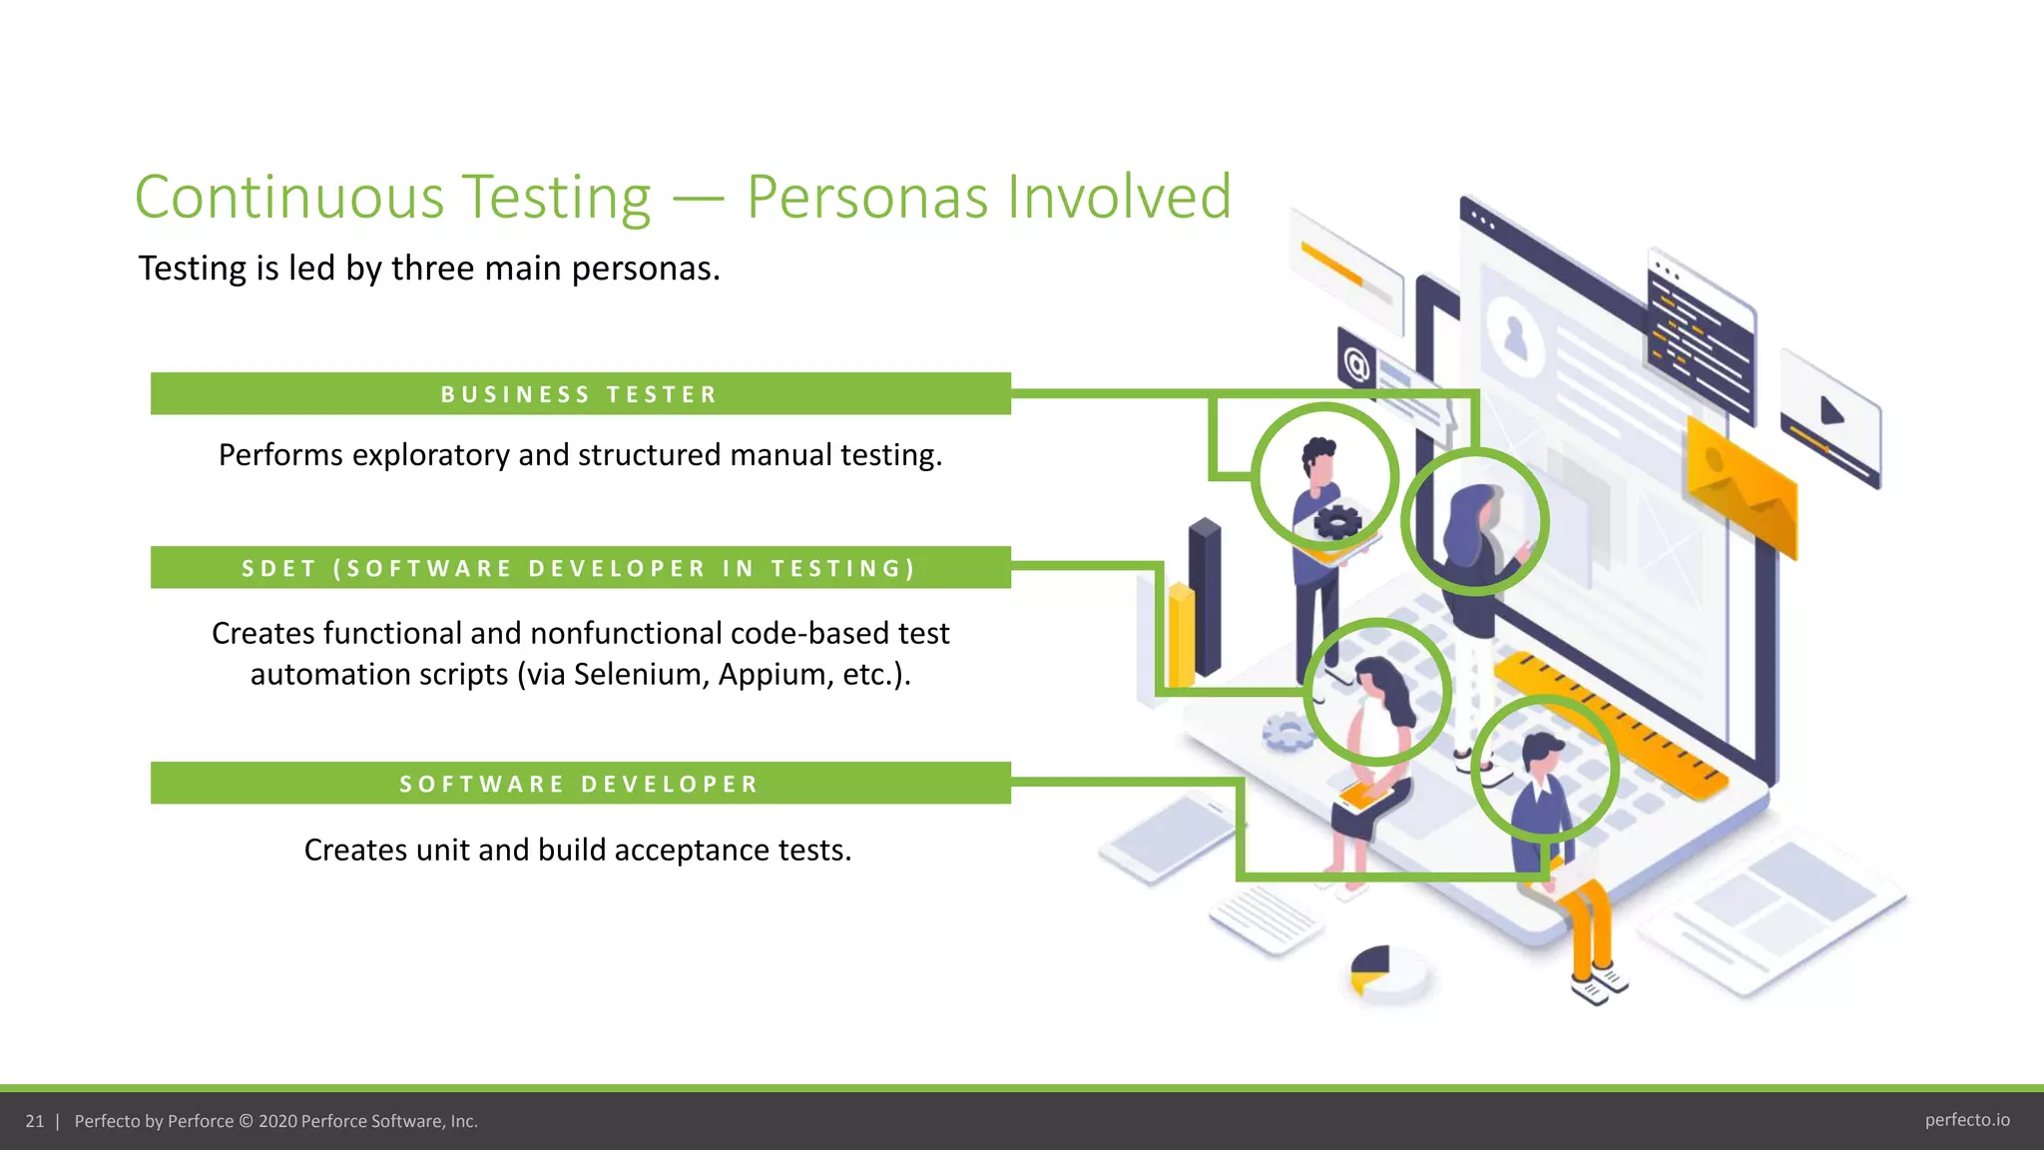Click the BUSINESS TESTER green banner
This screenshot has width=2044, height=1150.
pyautogui.click(x=580, y=393)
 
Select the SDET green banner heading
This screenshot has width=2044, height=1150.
pyautogui.click(x=580, y=568)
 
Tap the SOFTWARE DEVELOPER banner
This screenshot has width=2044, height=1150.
pyautogui.click(x=580, y=784)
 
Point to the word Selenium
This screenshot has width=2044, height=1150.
pyautogui.click(x=640, y=675)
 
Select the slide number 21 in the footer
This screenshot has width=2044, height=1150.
pyautogui.click(x=35, y=1121)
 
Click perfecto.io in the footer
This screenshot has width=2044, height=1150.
pyautogui.click(x=1966, y=1120)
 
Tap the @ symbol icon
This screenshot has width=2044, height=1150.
pyautogui.click(x=1356, y=364)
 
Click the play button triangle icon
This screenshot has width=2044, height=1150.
pyautogui.click(x=1830, y=411)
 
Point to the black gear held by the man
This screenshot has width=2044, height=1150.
pyautogui.click(x=1337, y=521)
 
